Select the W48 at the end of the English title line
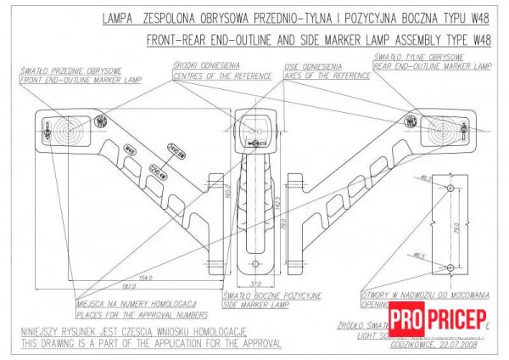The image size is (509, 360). coord(480,39)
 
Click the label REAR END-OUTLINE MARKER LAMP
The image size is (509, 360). coord(433,65)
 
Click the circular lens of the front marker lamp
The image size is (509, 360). coord(67,131)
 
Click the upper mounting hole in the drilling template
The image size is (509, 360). coord(449,187)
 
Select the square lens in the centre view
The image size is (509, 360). coord(255,128)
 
